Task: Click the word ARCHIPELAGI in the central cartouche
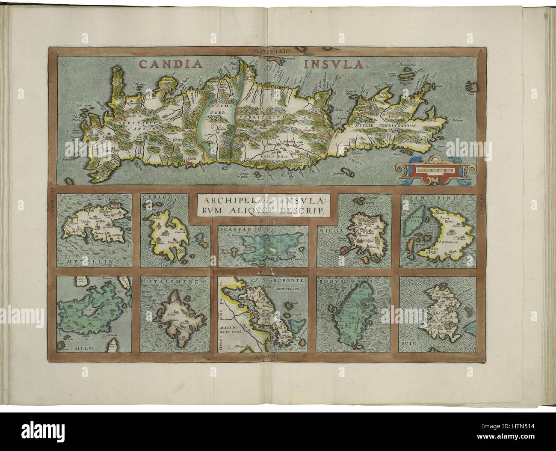coord(230,200)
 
